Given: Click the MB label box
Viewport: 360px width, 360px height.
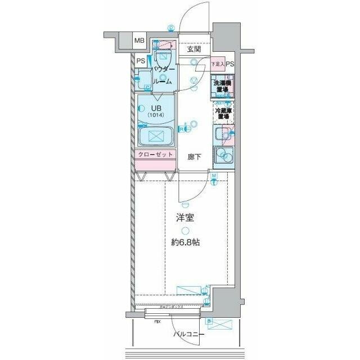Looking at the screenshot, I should [x=139, y=41].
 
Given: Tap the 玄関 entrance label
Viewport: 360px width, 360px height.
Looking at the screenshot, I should [x=194, y=49].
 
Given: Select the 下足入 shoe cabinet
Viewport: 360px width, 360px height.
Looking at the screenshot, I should [x=218, y=64].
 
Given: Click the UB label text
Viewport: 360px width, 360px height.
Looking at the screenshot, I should [x=155, y=109].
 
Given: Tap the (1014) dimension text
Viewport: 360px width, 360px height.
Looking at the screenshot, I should [x=155, y=116].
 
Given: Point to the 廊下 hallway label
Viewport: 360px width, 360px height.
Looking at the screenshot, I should [x=195, y=157].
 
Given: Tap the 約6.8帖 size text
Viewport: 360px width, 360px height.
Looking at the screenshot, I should [x=185, y=242].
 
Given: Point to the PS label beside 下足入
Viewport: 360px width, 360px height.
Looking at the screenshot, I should [x=231, y=64].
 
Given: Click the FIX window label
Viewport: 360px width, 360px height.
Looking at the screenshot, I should [x=159, y=322].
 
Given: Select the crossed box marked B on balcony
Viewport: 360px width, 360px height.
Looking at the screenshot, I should [x=219, y=323].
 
